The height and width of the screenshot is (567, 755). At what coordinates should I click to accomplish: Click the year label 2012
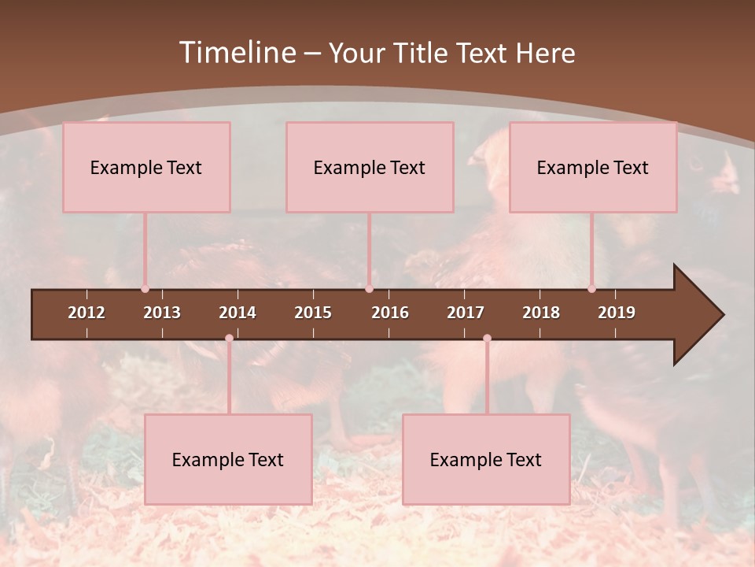click(87, 313)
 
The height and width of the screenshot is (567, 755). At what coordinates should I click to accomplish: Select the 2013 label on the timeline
click(162, 313)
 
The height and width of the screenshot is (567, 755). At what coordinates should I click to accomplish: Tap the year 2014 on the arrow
click(238, 313)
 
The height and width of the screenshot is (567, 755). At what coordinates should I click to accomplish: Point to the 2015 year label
click(313, 313)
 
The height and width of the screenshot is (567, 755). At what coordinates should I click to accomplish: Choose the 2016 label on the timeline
click(390, 313)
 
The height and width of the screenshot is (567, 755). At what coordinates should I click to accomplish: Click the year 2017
click(466, 313)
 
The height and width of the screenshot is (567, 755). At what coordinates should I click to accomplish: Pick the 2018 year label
click(541, 313)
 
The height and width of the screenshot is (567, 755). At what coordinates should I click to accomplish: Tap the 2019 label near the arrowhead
click(617, 313)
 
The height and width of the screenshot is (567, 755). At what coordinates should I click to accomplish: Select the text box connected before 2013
click(146, 167)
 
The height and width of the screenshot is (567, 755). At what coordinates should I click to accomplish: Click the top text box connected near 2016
click(370, 167)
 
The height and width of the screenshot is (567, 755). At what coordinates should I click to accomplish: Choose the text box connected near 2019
click(593, 167)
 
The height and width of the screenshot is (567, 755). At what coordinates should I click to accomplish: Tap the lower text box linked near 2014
click(228, 459)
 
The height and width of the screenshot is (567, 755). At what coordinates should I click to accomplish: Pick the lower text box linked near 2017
click(486, 459)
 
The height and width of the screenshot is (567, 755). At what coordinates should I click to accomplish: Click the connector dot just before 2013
click(145, 289)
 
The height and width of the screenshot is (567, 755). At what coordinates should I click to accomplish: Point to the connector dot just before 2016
click(369, 289)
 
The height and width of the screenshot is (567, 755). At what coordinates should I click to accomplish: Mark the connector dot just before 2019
click(591, 289)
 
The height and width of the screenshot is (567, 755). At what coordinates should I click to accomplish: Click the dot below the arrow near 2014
click(229, 339)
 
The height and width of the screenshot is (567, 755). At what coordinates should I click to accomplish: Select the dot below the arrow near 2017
click(487, 339)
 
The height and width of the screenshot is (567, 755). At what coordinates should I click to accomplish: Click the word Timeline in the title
click(236, 53)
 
